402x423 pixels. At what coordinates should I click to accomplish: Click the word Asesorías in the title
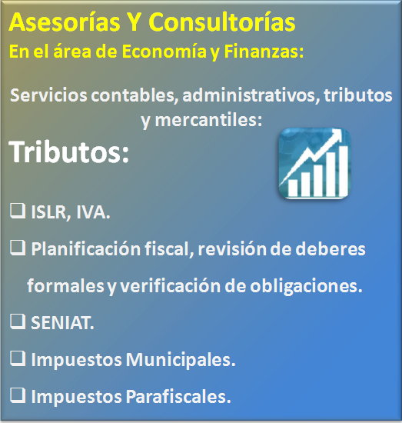click(x=65, y=22)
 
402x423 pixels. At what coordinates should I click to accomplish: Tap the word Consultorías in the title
click(x=222, y=22)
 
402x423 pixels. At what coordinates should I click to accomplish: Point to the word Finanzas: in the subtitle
click(x=264, y=51)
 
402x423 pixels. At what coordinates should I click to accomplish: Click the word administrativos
click(x=251, y=95)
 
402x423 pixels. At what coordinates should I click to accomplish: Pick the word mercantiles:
click(x=208, y=120)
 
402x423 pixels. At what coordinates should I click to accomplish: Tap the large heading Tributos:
click(x=69, y=152)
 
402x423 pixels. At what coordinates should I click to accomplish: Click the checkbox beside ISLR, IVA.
click(x=18, y=211)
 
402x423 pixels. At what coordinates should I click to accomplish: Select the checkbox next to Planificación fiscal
click(x=18, y=248)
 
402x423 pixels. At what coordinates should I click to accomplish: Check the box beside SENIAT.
click(x=18, y=321)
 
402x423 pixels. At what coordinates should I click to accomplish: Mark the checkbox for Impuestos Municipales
click(x=18, y=358)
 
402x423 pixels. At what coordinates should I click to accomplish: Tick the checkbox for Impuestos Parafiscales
click(x=18, y=395)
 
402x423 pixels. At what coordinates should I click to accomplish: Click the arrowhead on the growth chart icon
click(x=335, y=135)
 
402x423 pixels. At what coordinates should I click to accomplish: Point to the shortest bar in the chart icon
click(x=293, y=188)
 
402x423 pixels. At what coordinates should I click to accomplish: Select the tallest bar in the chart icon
click(x=343, y=171)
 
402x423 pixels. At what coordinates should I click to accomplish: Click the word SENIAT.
click(x=62, y=323)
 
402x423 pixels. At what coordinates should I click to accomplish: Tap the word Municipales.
click(x=181, y=360)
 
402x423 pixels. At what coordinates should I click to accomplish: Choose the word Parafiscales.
click(x=178, y=397)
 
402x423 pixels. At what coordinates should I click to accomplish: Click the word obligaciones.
click(x=306, y=286)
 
